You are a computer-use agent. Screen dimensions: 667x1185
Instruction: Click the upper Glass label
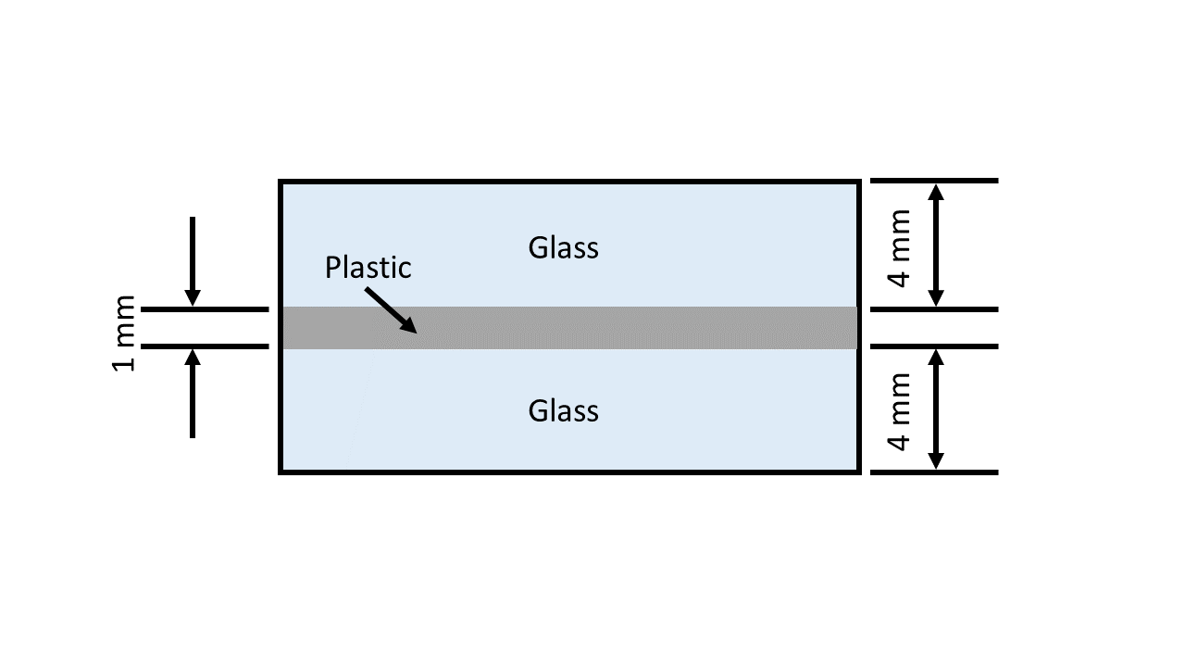tap(563, 248)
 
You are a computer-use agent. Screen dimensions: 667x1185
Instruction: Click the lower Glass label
tap(563, 410)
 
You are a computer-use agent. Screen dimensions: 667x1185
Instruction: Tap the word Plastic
tap(368, 268)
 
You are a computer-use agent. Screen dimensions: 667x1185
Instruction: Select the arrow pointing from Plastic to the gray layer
tap(390, 309)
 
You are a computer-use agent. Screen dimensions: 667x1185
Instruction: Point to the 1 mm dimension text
tap(124, 333)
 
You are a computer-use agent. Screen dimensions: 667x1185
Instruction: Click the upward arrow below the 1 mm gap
tap(193, 393)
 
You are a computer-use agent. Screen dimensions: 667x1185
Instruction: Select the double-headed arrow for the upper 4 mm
tap(936, 245)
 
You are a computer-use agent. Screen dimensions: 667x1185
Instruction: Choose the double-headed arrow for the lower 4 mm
tap(936, 409)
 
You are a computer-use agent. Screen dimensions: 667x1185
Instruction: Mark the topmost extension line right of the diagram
tap(933, 181)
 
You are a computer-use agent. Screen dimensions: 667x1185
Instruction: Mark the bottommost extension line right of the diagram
tap(933, 472)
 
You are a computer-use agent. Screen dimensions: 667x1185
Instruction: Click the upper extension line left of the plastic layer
tap(205, 308)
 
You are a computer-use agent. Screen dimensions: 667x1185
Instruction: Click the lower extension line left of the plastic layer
tap(205, 346)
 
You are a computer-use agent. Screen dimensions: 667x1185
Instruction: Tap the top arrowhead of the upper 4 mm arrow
tap(936, 193)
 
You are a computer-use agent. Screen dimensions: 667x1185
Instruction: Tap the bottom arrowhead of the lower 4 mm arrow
tap(936, 460)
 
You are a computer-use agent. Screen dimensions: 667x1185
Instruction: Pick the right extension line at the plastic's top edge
tap(933, 308)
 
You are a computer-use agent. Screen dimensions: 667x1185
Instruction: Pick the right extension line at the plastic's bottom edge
tap(933, 346)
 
